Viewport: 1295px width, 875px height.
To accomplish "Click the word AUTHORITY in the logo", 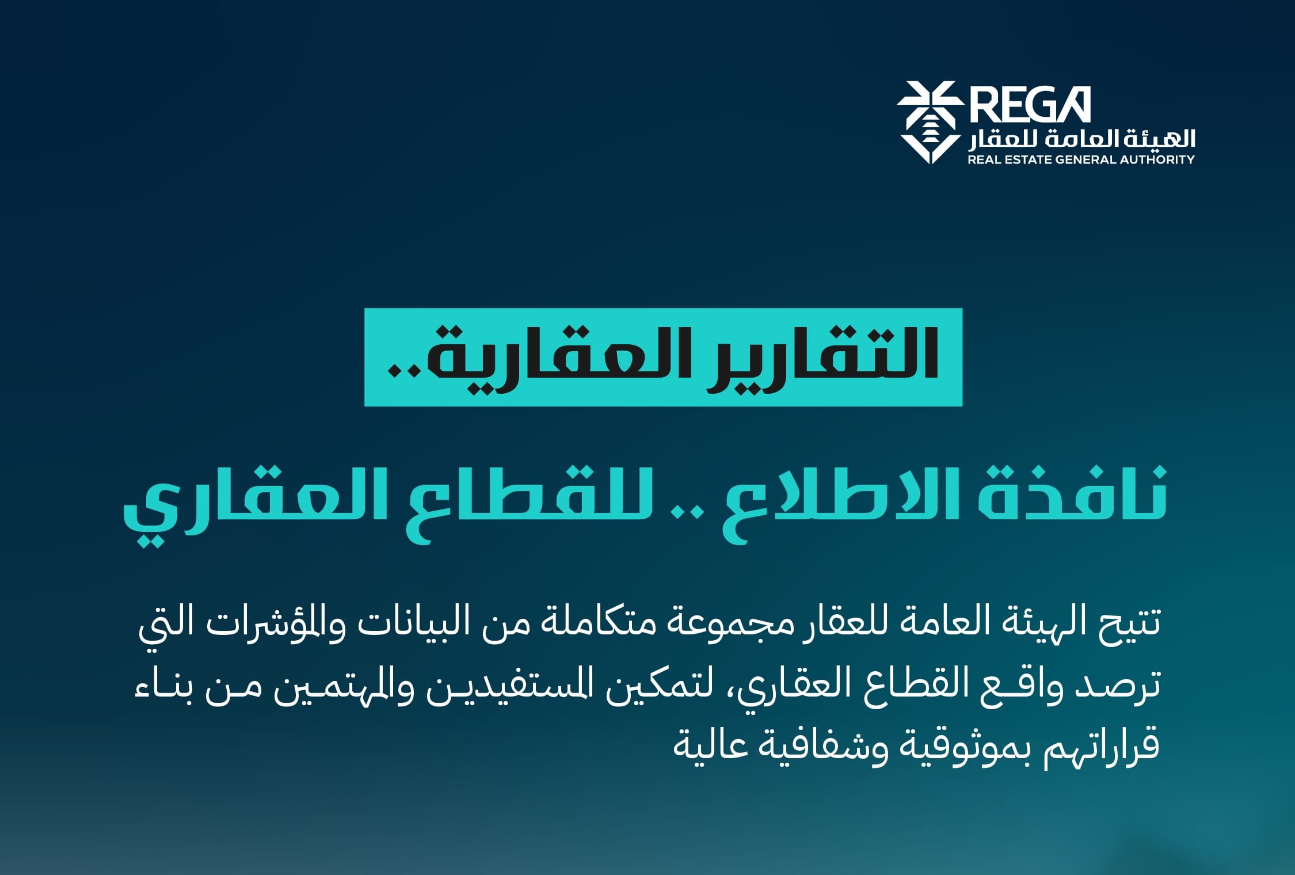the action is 1157,159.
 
